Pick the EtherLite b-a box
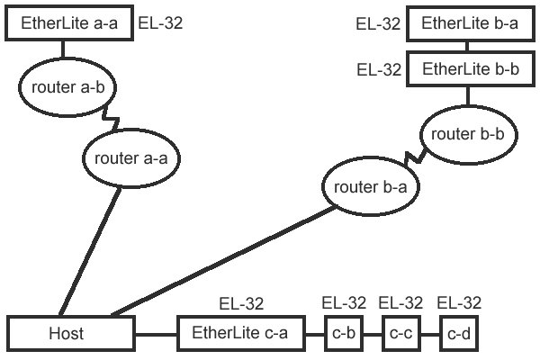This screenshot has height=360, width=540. [x=469, y=23]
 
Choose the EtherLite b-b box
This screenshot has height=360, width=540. [x=469, y=67]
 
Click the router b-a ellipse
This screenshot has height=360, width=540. [x=370, y=187]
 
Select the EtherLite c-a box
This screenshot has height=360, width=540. [x=239, y=333]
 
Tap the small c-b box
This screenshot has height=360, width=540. [x=342, y=334]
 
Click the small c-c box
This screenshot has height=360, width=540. [x=400, y=334]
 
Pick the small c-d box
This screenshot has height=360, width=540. [x=459, y=334]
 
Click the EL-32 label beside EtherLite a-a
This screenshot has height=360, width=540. [x=160, y=22]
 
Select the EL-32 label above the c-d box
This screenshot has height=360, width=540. [x=459, y=303]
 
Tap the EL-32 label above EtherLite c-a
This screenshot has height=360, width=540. [x=240, y=303]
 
